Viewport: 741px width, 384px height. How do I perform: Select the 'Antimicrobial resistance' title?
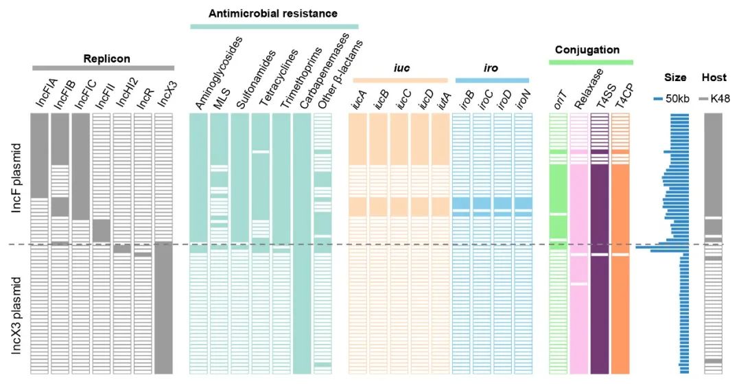(x=274, y=13)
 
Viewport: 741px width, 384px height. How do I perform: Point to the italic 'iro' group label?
(x=491, y=69)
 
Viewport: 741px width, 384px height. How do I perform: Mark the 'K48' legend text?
(x=720, y=98)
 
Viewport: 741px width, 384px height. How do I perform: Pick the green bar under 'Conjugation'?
(x=591, y=63)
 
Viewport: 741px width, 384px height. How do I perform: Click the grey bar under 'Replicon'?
(x=103, y=68)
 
